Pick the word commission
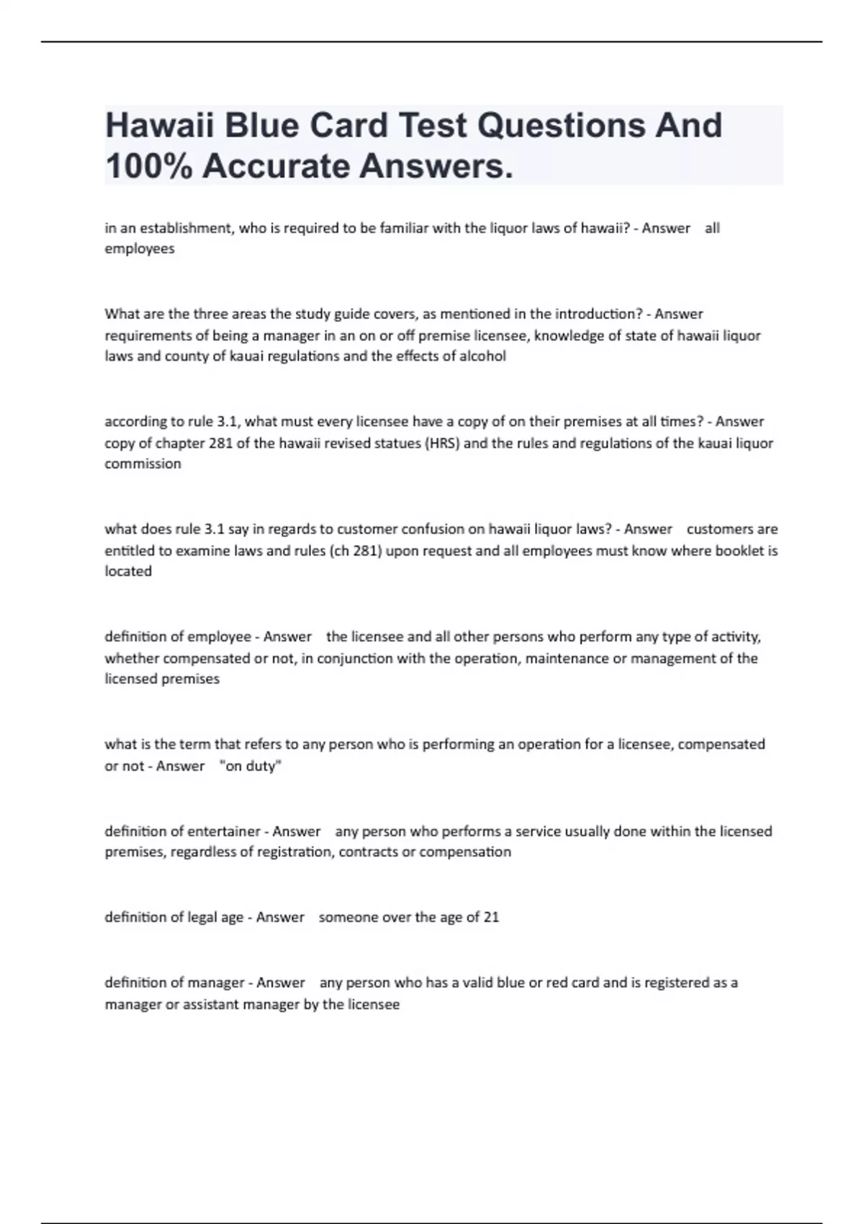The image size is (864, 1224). click(x=143, y=464)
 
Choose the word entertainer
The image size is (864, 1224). click(x=224, y=832)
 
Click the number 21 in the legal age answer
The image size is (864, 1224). click(x=491, y=917)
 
